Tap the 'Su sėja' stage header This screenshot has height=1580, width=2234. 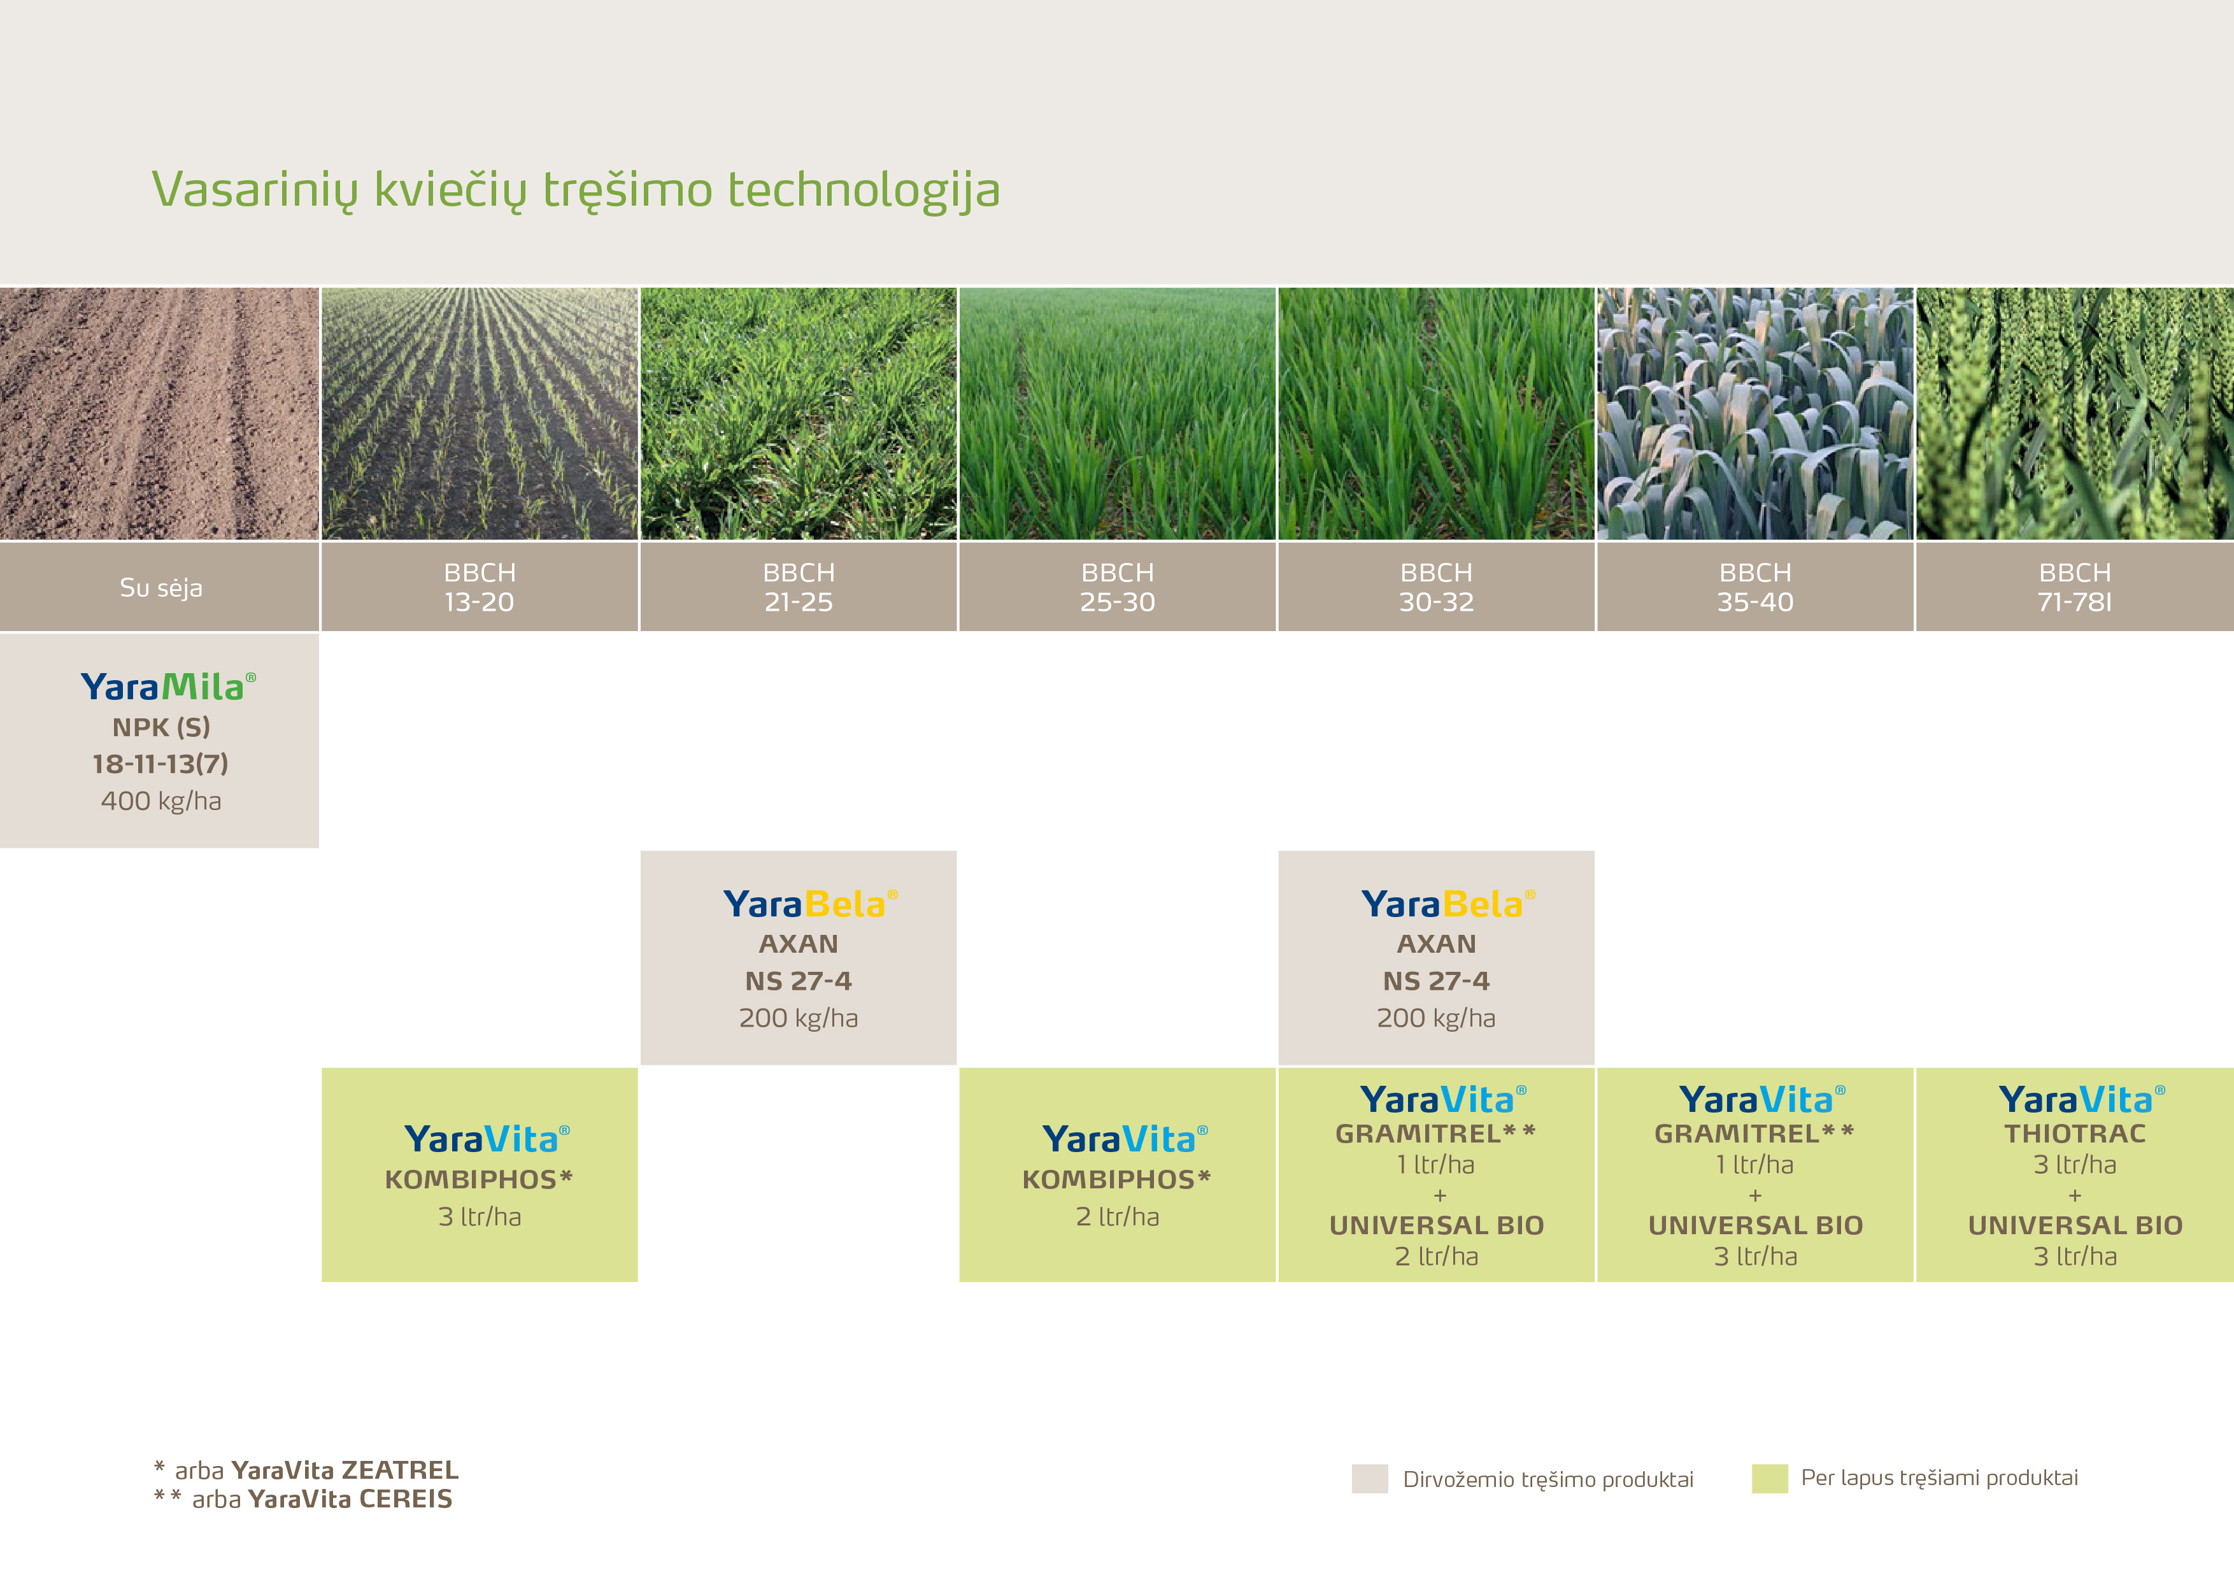[x=160, y=587]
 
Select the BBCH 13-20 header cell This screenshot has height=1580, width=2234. [x=480, y=587]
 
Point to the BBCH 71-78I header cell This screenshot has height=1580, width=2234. [x=2074, y=587]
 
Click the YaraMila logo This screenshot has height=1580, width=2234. [x=168, y=687]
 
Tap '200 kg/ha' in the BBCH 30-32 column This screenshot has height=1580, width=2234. [x=1436, y=1018]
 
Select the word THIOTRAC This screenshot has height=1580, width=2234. [x=2074, y=1134]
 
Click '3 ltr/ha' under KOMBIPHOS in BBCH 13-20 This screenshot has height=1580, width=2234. [x=480, y=1216]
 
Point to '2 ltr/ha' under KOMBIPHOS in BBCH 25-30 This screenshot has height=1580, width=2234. [x=1117, y=1216]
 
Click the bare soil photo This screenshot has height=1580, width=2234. [x=160, y=413]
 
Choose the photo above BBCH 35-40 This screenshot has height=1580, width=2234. [x=1755, y=413]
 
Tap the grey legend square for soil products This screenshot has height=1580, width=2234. [x=1370, y=1478]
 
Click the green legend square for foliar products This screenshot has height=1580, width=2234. [x=1770, y=1478]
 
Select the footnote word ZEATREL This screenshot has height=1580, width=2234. [x=400, y=1470]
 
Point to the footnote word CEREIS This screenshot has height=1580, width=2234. [x=406, y=1499]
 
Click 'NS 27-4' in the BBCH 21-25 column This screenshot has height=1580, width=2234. [x=798, y=981]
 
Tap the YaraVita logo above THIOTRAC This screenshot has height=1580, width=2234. [x=2082, y=1099]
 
